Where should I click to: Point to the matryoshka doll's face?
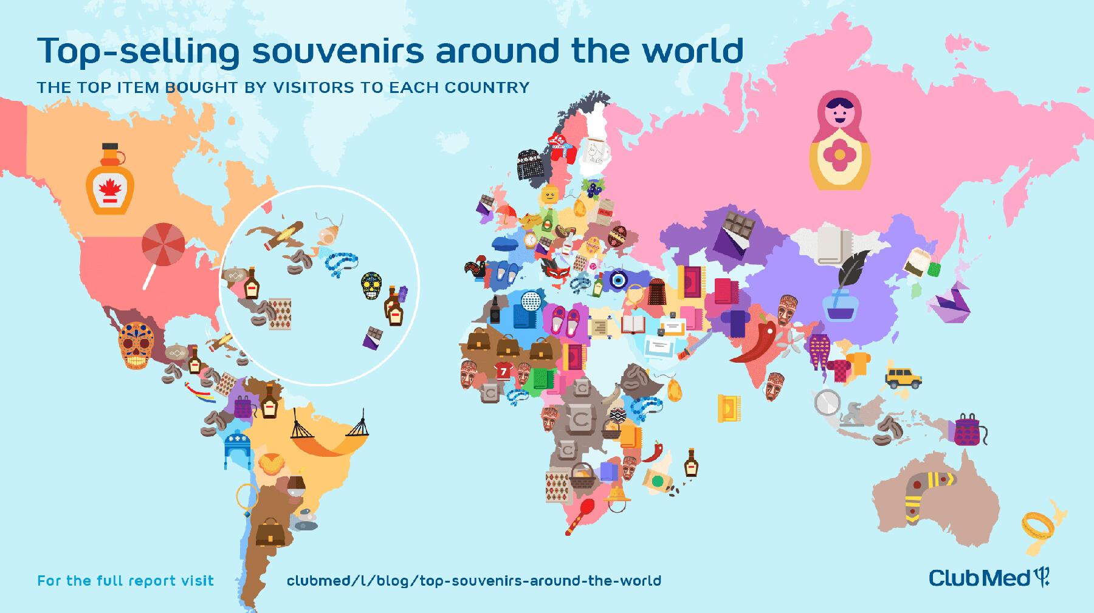[x=839, y=112]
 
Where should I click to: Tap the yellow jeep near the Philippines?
[x=903, y=377]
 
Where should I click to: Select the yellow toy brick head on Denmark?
[x=551, y=195]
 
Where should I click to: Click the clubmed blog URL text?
[x=473, y=581]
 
